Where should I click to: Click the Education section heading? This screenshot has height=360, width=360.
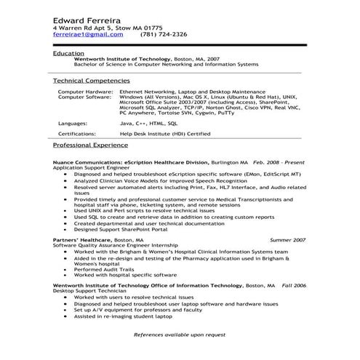point(68,54)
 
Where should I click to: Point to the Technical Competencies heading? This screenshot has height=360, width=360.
point(92,80)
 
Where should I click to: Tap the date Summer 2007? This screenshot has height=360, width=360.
point(287,239)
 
